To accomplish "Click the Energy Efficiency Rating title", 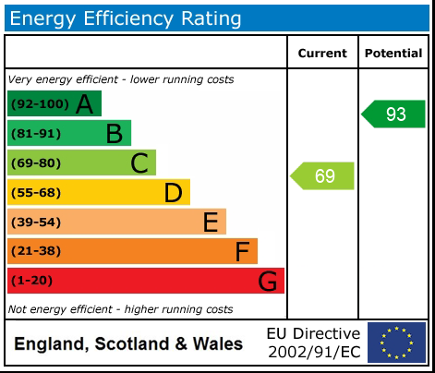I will pyautogui.click(x=127, y=18).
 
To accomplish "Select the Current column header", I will pyautogui.click(x=322, y=54).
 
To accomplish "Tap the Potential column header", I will pyautogui.click(x=393, y=54).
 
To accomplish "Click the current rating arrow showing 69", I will pyautogui.click(x=323, y=175).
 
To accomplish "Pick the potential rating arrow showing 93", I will pyautogui.click(x=393, y=114).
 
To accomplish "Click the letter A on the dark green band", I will pyautogui.click(x=84, y=104).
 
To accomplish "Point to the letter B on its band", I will pyautogui.click(x=114, y=134).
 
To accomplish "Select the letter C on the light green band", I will pyautogui.click(x=139, y=163).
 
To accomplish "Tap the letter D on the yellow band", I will pyautogui.click(x=173, y=193).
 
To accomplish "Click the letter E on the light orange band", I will pyautogui.click(x=210, y=223).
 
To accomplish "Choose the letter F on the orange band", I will pyautogui.click(x=242, y=251).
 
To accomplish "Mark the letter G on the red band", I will pyautogui.click(x=267, y=281).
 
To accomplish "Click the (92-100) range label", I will pyautogui.click(x=37, y=104).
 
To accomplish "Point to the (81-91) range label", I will pyautogui.click(x=36, y=134).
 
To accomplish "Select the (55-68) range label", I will pyautogui.click(x=36, y=193).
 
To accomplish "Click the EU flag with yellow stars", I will pyautogui.click(x=396, y=343).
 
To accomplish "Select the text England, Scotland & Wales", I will pyautogui.click(x=128, y=344).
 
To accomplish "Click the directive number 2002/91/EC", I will pyautogui.click(x=313, y=352).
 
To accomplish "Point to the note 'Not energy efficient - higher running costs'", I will pyautogui.click(x=120, y=309).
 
